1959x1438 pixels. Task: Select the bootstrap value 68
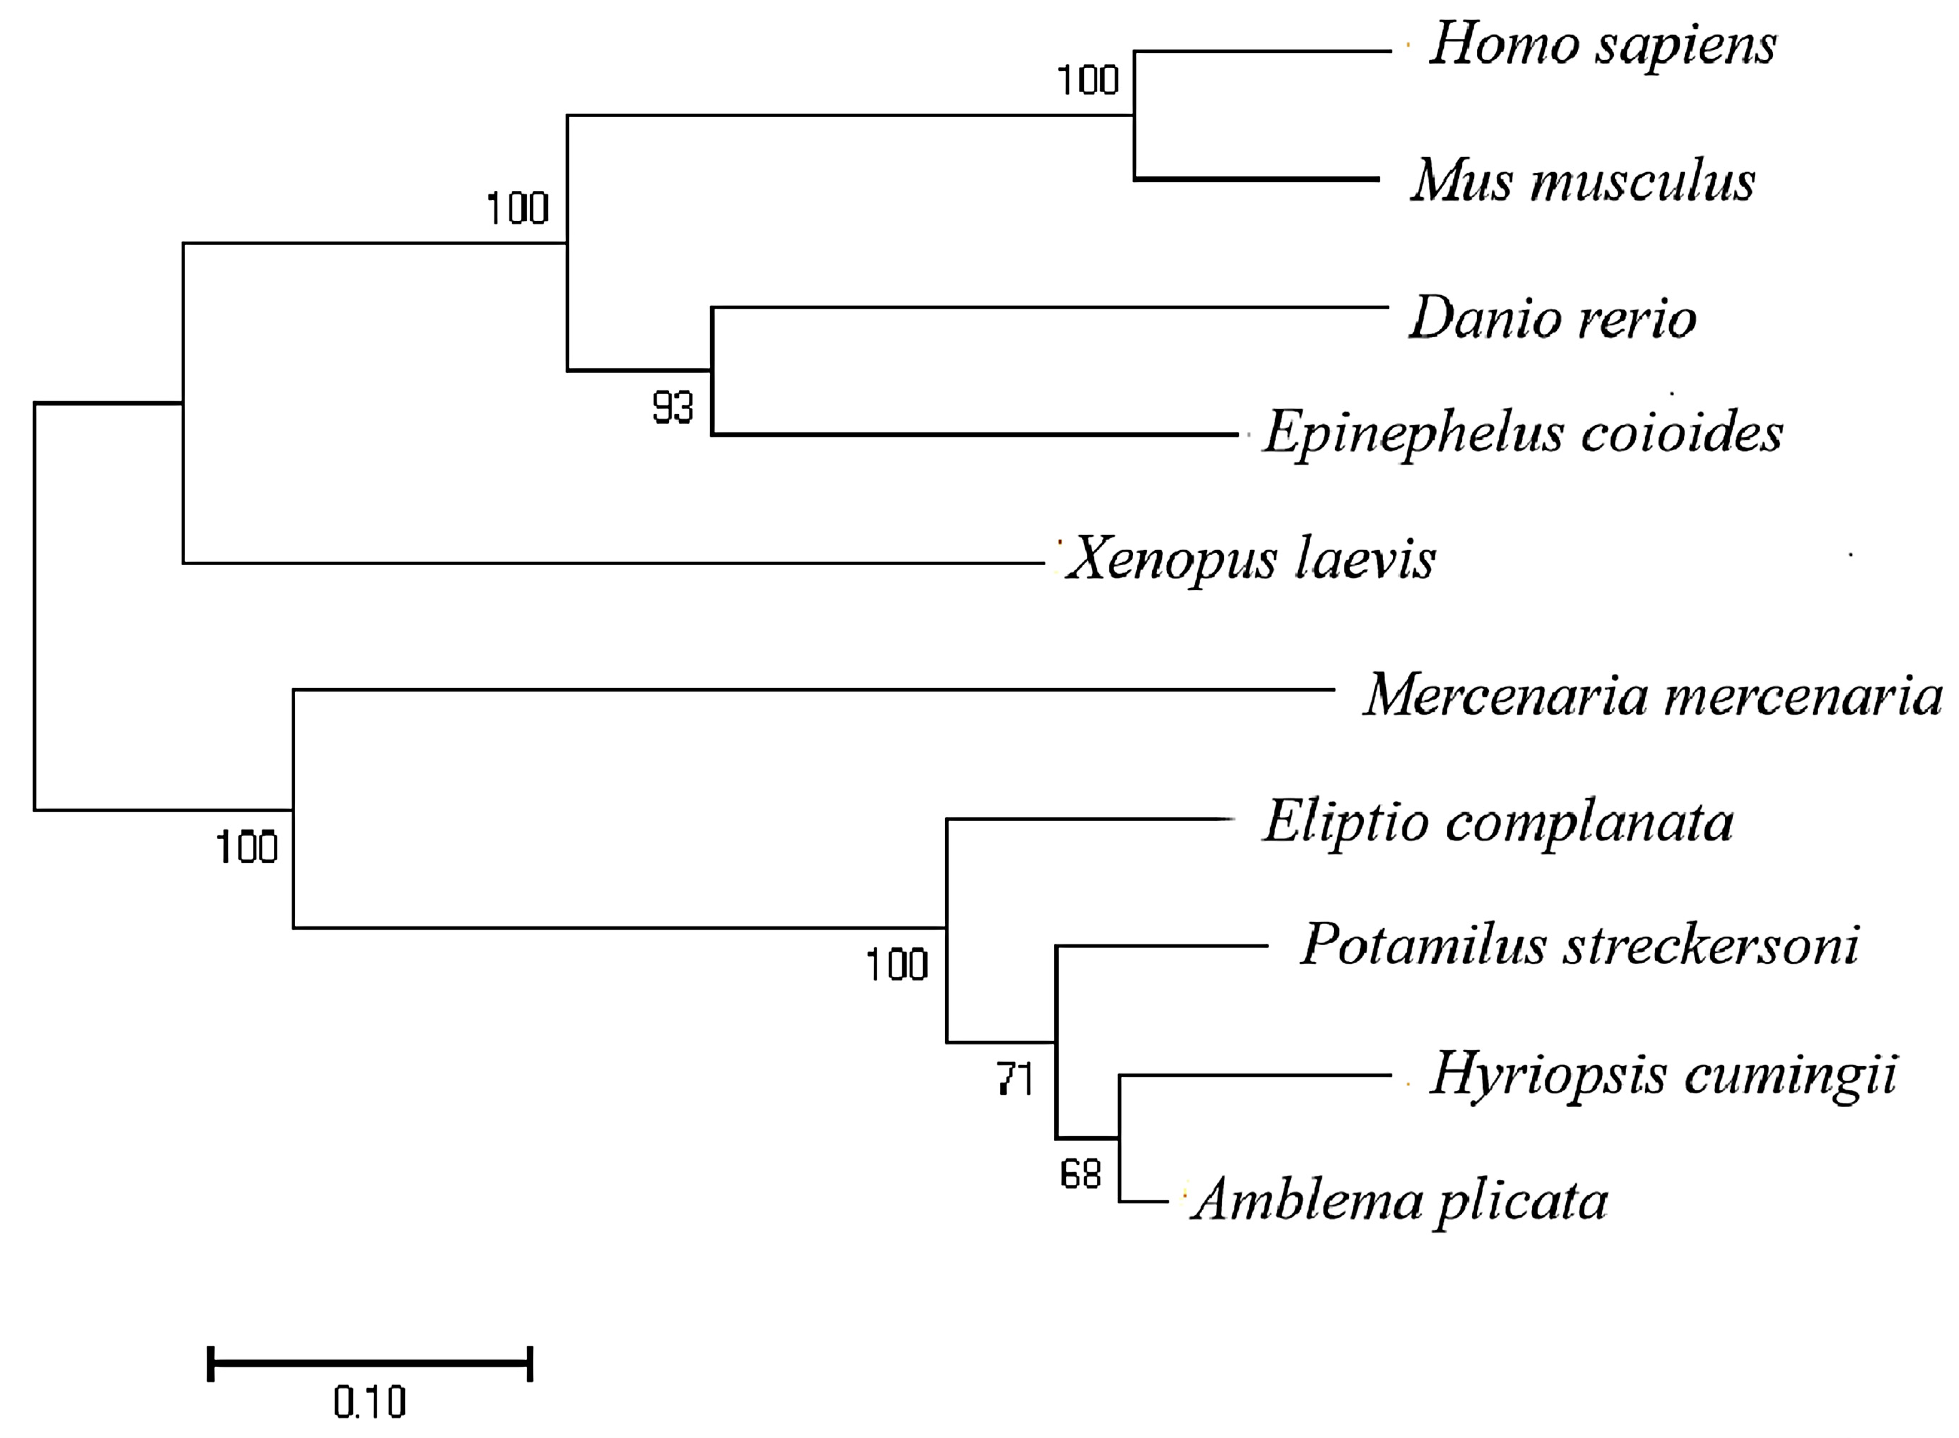tap(1080, 1175)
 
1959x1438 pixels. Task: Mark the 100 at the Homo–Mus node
tap(1088, 81)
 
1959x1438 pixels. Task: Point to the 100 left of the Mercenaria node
tap(246, 847)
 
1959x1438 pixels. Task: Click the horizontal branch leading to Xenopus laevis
tap(609, 563)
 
